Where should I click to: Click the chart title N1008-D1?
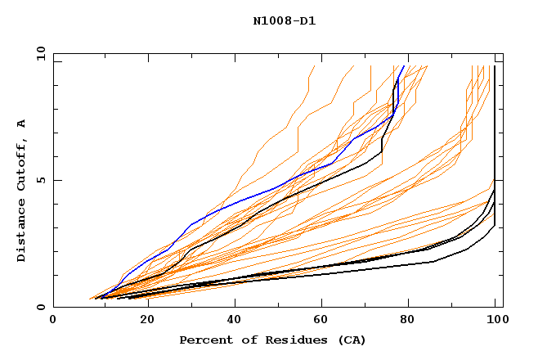[284, 21]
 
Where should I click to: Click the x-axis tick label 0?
[53, 321]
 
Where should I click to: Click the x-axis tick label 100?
[495, 321]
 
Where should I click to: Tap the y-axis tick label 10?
[40, 52]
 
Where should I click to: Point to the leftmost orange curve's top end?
[314, 66]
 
